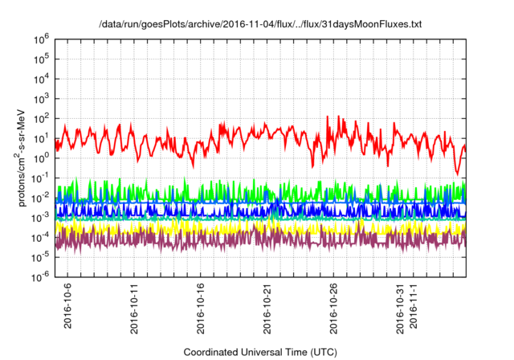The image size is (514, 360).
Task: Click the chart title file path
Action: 259,24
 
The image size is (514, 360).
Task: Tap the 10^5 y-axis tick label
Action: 43,59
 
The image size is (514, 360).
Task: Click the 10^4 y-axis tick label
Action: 43,79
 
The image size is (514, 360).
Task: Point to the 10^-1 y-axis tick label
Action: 42,177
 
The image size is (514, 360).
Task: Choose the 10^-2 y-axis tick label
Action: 42,197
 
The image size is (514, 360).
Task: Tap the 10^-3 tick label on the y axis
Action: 42,216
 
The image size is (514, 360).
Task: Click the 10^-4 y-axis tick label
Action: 42,236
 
